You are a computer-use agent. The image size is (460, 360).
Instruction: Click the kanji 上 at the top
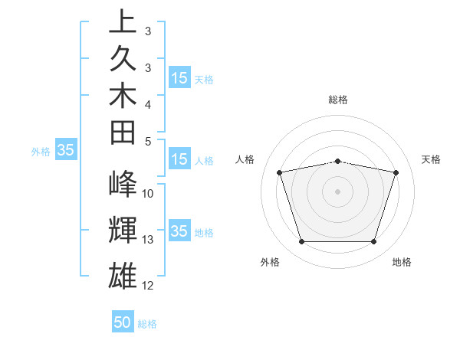click(x=123, y=21)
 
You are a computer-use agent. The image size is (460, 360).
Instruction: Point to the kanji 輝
click(x=123, y=229)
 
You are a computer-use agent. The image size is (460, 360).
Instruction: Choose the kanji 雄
click(x=123, y=274)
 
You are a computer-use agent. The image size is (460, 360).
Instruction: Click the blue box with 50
click(x=123, y=322)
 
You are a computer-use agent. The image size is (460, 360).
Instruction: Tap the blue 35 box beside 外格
click(x=65, y=151)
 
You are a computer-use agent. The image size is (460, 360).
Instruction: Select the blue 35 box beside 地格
click(x=179, y=232)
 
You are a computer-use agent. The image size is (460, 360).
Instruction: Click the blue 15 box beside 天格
click(x=179, y=78)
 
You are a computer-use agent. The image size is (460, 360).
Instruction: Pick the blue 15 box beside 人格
click(x=179, y=160)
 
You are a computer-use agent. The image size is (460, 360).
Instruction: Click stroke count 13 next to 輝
click(x=148, y=240)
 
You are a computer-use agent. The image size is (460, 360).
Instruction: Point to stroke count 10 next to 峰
click(x=148, y=194)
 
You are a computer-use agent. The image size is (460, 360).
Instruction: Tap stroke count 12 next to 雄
click(x=148, y=286)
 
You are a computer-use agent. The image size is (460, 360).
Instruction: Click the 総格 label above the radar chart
click(x=338, y=100)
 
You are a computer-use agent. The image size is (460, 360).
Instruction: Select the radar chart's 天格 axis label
click(x=432, y=159)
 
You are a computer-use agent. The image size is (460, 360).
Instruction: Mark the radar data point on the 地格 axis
click(x=373, y=242)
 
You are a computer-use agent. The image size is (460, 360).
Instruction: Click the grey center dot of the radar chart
click(x=338, y=191)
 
